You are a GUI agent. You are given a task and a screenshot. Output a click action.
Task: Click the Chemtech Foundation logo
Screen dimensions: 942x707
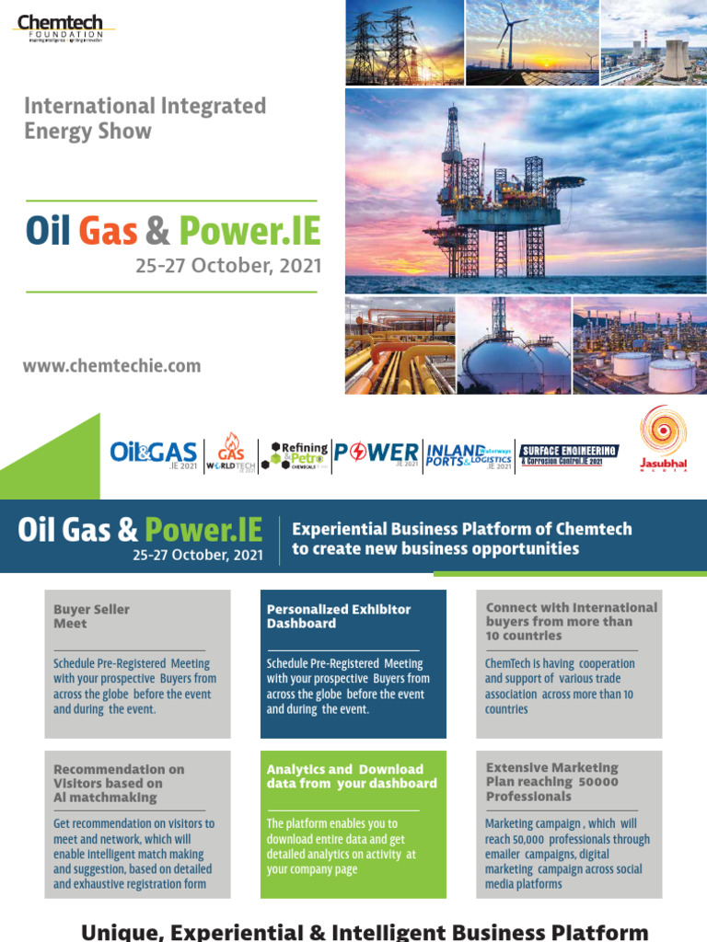click(x=63, y=28)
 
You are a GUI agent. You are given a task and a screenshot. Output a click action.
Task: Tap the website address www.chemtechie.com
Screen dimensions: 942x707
click(x=111, y=365)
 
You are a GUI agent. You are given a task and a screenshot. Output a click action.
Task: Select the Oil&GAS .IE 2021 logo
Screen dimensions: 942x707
click(x=153, y=453)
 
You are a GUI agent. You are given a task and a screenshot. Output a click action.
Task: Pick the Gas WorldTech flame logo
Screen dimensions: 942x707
click(x=230, y=453)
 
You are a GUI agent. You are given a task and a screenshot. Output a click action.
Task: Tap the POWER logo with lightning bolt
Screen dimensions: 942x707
click(x=376, y=453)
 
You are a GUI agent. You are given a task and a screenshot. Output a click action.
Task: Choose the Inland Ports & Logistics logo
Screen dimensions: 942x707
click(x=469, y=454)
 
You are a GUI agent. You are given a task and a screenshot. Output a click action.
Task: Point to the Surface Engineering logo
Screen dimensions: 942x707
click(x=569, y=453)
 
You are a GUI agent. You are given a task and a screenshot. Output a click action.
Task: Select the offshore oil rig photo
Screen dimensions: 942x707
click(x=526, y=190)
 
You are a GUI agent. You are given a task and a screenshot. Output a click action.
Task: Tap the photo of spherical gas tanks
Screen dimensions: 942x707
click(x=513, y=345)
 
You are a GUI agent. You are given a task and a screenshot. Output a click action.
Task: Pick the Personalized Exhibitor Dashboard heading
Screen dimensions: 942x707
click(x=338, y=615)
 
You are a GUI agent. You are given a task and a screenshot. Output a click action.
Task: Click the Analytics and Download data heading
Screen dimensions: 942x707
click(x=351, y=775)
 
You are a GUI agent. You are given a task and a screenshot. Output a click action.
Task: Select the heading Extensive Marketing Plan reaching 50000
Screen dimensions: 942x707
click(x=551, y=781)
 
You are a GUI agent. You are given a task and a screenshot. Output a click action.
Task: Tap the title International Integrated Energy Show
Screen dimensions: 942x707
click(x=145, y=118)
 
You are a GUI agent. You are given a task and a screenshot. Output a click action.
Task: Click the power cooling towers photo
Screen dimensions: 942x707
click(x=654, y=42)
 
